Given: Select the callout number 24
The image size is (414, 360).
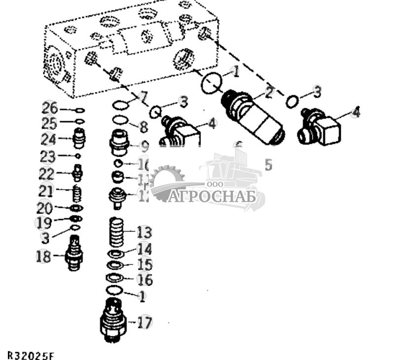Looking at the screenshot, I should [x=48, y=140].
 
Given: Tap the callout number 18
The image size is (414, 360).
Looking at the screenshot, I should [x=43, y=257].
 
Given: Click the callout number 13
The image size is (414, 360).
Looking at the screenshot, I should [x=144, y=232].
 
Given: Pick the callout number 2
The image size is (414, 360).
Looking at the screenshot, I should [x=269, y=92].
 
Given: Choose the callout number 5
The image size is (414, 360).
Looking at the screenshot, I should [x=268, y=164].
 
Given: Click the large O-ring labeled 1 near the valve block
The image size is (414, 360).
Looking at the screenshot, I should [x=212, y=83].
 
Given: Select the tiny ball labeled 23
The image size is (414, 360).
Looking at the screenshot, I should [x=78, y=156].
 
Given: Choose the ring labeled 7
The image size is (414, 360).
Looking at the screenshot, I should [x=121, y=104].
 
